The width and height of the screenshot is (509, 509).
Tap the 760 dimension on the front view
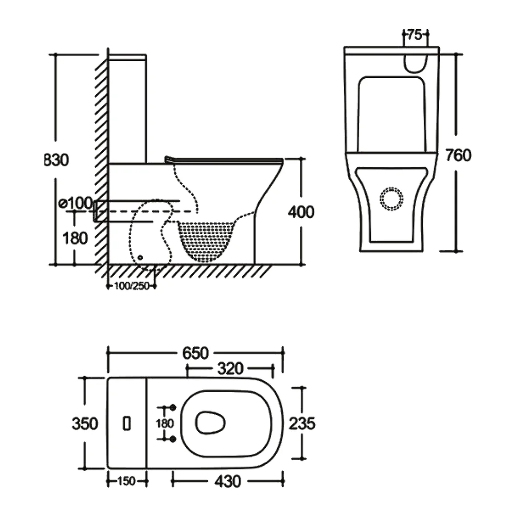click(x=457, y=155)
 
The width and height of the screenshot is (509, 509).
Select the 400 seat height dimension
click(x=301, y=212)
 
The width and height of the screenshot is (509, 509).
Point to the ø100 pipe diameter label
click(x=75, y=203)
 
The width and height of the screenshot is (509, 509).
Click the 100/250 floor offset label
click(x=131, y=286)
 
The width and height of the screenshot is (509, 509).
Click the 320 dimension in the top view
click(x=230, y=369)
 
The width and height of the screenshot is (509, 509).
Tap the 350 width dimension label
click(x=85, y=423)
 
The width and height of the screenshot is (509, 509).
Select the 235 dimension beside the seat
click(x=301, y=423)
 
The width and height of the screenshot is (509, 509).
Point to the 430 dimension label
click(x=227, y=481)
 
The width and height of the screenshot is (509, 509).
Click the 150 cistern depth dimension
click(x=127, y=481)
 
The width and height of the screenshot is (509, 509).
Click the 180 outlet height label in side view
click(x=75, y=238)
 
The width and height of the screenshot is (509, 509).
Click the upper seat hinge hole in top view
click(x=172, y=407)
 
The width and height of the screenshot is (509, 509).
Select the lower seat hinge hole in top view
click(x=172, y=439)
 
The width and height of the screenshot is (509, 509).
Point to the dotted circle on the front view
click(x=392, y=198)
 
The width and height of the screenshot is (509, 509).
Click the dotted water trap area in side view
click(x=206, y=238)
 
